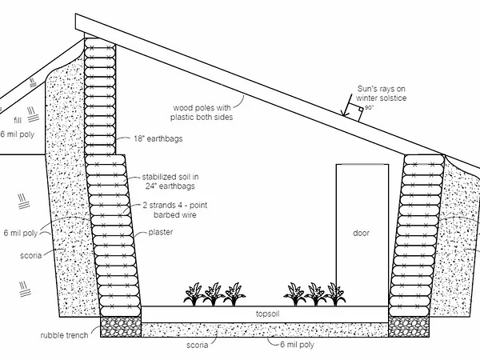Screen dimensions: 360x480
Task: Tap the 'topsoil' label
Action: coord(266,314)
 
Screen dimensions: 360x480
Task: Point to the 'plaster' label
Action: coord(161,232)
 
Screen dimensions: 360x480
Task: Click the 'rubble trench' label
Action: coord(67,336)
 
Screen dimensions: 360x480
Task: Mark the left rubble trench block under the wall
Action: coord(119,326)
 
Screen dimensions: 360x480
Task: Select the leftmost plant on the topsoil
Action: coord(194,294)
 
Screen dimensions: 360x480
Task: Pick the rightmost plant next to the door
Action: coord(334,294)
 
